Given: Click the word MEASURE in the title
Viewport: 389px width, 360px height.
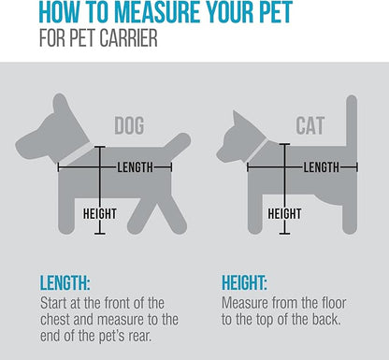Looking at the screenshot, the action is pyautogui.click(x=158, y=12).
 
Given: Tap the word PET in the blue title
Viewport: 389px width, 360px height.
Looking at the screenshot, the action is pyautogui.click(x=275, y=12).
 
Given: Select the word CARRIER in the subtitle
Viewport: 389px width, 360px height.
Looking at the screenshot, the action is pyautogui.click(x=128, y=38).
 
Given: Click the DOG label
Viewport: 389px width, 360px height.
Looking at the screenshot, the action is pyautogui.click(x=129, y=125).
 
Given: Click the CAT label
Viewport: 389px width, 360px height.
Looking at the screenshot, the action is pyautogui.click(x=310, y=125).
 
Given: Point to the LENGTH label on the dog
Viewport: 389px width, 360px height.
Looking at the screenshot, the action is pyautogui.click(x=136, y=167).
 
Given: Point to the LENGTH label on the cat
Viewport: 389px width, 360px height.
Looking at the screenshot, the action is pyautogui.click(x=322, y=167).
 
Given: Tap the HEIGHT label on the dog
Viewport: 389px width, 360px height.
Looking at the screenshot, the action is pyautogui.click(x=100, y=214).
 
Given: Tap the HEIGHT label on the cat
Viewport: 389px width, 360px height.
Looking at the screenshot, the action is pyautogui.click(x=284, y=214).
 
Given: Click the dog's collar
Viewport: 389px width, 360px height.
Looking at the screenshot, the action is pyautogui.click(x=76, y=153).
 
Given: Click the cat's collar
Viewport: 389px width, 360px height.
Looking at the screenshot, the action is pyautogui.click(x=257, y=151).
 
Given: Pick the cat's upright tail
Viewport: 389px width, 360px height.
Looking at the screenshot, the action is pyautogui.click(x=352, y=122).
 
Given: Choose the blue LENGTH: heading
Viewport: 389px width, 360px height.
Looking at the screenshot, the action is pyautogui.click(x=65, y=283).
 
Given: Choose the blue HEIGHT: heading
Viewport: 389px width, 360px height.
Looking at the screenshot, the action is pyautogui.click(x=244, y=283).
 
